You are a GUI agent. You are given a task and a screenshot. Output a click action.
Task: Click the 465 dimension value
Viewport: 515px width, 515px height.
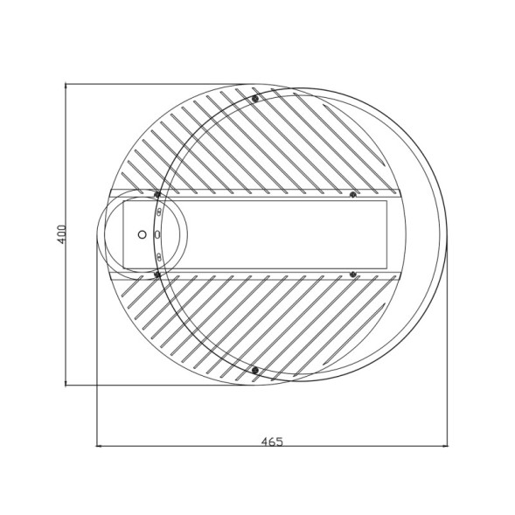(272, 441)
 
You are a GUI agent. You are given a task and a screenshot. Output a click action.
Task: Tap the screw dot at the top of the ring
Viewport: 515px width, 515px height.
(255, 99)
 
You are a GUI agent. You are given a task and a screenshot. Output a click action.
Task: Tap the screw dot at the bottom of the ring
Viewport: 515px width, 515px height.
(255, 371)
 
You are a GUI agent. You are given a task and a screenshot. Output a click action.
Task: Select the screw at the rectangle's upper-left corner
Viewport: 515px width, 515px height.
(157, 195)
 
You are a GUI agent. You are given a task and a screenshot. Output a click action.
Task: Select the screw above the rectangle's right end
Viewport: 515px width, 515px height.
(353, 194)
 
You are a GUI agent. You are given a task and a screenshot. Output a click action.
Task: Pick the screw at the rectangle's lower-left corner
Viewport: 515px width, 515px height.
(157, 275)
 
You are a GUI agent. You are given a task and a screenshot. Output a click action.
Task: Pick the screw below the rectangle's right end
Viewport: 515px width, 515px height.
(353, 275)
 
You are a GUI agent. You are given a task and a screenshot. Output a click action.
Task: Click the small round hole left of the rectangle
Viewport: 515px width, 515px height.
(142, 234)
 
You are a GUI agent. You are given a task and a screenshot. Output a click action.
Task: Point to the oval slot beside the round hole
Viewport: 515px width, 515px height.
(157, 234)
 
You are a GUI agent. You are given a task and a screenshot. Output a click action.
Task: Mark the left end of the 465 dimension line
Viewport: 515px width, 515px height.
(96, 447)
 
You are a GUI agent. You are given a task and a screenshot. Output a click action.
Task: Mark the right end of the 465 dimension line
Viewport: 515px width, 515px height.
(446, 447)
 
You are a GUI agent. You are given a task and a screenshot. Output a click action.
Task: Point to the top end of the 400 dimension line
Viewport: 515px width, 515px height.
(67, 85)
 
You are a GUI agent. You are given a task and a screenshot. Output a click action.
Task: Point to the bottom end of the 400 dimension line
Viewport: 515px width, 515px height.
(67, 386)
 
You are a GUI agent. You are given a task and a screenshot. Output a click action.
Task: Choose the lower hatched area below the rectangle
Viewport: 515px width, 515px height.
(262, 324)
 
